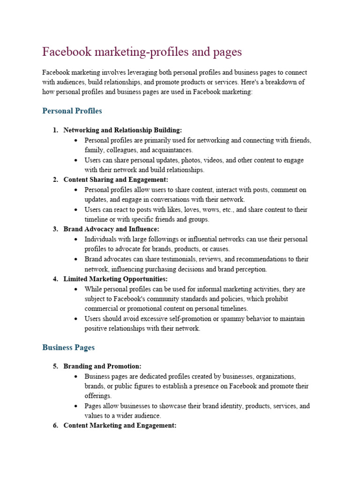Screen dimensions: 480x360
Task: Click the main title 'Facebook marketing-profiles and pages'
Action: [x=142, y=52]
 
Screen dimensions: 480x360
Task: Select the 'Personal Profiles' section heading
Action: [x=72, y=111]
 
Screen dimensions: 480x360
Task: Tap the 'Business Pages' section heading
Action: [x=68, y=347]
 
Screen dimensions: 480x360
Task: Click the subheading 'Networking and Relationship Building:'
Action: [x=122, y=130]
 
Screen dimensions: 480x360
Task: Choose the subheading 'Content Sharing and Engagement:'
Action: [x=115, y=180]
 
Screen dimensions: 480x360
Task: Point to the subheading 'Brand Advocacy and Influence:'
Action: [x=111, y=229]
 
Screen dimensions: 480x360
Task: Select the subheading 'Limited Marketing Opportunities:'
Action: [x=115, y=279]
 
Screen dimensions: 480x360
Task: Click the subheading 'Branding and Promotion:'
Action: [x=102, y=366]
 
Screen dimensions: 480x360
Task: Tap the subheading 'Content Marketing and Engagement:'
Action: [x=120, y=426]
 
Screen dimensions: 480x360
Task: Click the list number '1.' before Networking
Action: [x=55, y=130]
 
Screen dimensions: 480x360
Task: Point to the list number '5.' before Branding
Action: [x=55, y=366]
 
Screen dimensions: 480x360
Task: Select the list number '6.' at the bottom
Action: [x=55, y=426]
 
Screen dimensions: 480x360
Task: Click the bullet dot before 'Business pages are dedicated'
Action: [x=76, y=376]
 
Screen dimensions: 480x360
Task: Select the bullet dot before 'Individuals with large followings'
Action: [x=76, y=240]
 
